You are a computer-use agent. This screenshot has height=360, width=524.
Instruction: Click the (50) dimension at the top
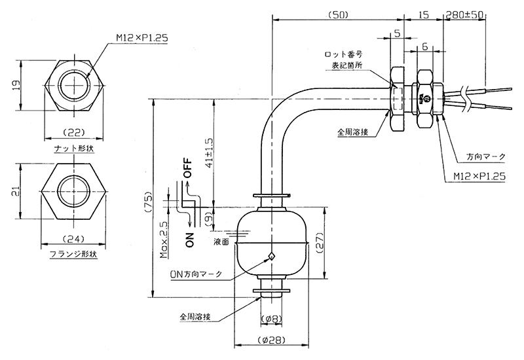pos(338,14)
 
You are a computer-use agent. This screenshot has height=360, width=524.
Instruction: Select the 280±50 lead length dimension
pos(465,14)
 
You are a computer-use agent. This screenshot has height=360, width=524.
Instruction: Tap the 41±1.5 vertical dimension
pos(210,153)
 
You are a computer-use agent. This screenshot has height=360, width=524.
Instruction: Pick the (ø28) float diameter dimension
pos(271,340)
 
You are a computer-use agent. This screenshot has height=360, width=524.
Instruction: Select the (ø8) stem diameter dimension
pos(271,319)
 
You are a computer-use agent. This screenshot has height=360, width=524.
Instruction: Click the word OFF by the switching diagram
pos(189,168)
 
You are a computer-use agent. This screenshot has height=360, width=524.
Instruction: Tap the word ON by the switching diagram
pos(189,239)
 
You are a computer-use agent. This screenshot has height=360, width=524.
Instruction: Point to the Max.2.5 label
pos(164,241)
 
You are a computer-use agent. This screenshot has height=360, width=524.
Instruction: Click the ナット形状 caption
pos(74,149)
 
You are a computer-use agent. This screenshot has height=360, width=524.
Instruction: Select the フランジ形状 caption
pos(73,254)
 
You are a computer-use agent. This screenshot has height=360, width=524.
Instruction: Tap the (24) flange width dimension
pos(73,239)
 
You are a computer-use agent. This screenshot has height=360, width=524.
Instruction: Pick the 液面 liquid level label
pos(221,242)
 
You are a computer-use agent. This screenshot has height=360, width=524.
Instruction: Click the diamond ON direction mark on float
pos(272,256)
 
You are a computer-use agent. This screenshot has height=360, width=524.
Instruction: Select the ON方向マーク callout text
pos(196,274)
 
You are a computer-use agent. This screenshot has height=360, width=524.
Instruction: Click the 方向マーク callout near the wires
pos(486,156)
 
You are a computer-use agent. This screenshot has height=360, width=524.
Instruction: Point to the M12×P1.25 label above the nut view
pos(142,38)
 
